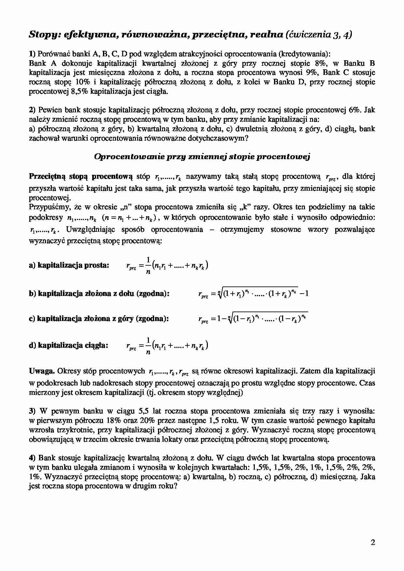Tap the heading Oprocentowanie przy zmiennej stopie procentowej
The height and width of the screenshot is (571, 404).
202,157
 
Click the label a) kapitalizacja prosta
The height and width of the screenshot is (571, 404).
69,265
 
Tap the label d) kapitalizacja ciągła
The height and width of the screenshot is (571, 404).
68,345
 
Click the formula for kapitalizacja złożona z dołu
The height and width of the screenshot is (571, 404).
253,294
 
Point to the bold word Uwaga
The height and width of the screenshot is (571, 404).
42,371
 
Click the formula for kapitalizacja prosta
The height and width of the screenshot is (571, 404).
167,266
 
